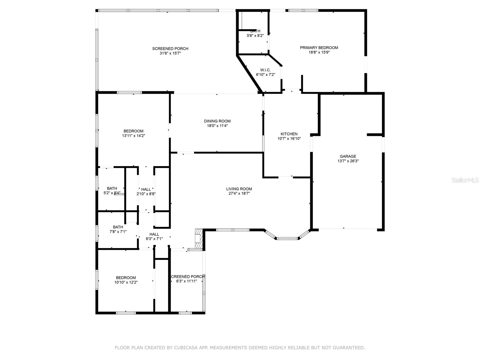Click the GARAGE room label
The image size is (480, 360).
pos(348,156)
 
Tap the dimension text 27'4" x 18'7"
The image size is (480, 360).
pos(239,193)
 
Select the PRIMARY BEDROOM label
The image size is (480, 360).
pos(319,48)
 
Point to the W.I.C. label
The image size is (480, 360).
pos(265,70)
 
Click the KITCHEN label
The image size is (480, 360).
pos(289,134)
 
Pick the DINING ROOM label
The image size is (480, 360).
pos(217,121)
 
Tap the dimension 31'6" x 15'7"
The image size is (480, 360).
pos(170,53)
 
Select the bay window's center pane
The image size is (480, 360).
pos(287,238)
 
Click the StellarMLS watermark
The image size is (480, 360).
pos(465,180)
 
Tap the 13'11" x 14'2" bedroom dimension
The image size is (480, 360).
pos(133,136)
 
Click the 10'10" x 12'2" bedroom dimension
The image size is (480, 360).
pos(126,282)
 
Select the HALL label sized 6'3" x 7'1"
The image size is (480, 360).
pos(154,234)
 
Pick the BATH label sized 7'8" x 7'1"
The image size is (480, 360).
pos(118,227)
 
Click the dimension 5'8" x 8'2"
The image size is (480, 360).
pos(255,36)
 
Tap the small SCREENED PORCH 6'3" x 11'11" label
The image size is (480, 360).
pos(187,277)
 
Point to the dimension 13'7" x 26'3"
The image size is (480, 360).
pos(348,161)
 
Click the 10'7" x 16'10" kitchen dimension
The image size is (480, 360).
pos(289,139)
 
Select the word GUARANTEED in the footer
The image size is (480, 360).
pos(349,348)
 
